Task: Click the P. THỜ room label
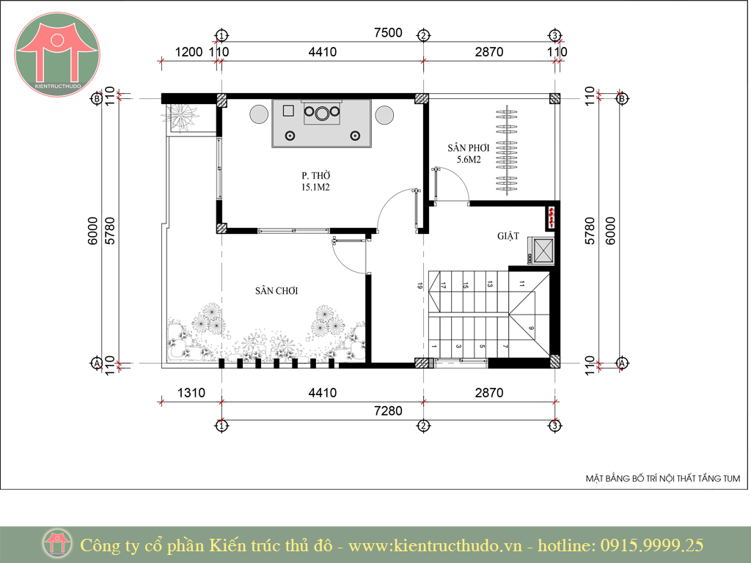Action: coord(316,176)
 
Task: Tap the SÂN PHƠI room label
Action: coord(469,148)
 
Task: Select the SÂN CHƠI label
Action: coord(276,290)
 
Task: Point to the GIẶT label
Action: coord(508,235)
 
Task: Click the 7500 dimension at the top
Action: coord(388,32)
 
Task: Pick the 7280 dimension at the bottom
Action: coord(388,411)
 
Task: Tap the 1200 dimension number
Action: coord(188,52)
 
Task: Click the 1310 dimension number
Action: coord(191,393)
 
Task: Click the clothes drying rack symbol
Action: coord(507,150)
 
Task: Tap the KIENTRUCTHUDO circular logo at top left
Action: coord(57,54)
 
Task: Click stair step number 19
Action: coord(420,286)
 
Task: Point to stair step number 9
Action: coord(531,328)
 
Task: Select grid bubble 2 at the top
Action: coord(423,35)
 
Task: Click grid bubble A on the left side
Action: coord(96,363)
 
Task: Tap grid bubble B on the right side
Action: coord(622,99)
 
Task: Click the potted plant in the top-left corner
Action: coord(182,117)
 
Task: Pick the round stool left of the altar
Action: coord(259,115)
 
